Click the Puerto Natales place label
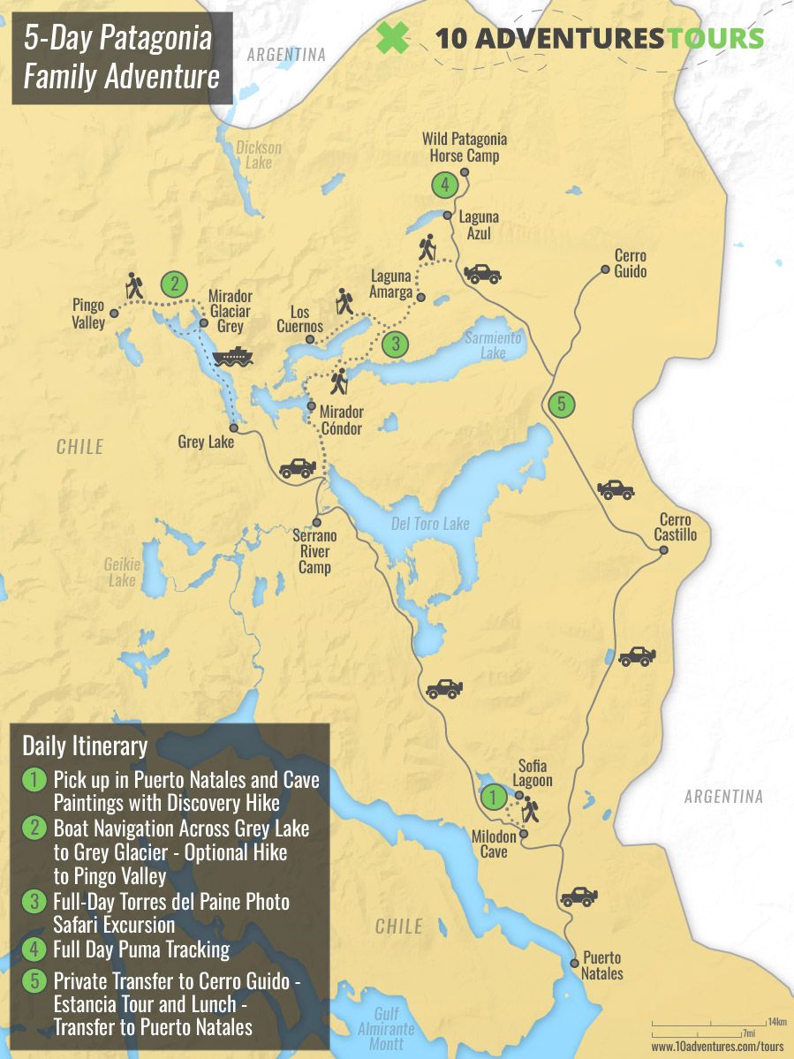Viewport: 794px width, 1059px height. click(x=601, y=965)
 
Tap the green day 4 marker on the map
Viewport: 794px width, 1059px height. click(x=444, y=185)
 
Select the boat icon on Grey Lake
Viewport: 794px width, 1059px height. click(x=232, y=356)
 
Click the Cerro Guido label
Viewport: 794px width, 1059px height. click(x=630, y=263)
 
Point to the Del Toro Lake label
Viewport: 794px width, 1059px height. click(x=430, y=524)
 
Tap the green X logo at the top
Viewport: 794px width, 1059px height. click(x=392, y=38)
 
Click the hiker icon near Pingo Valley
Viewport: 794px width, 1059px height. click(x=134, y=284)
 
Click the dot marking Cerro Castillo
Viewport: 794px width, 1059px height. click(x=663, y=550)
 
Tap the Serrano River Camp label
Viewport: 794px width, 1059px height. click(x=315, y=551)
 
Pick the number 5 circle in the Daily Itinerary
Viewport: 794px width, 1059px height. click(x=34, y=981)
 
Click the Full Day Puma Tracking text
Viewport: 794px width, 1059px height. click(x=141, y=950)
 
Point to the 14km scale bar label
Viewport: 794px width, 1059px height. click(x=776, y=1022)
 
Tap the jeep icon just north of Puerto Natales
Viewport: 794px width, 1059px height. click(x=579, y=896)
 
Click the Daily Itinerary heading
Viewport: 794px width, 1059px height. click(x=85, y=746)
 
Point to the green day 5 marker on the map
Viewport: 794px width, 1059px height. click(x=561, y=405)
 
